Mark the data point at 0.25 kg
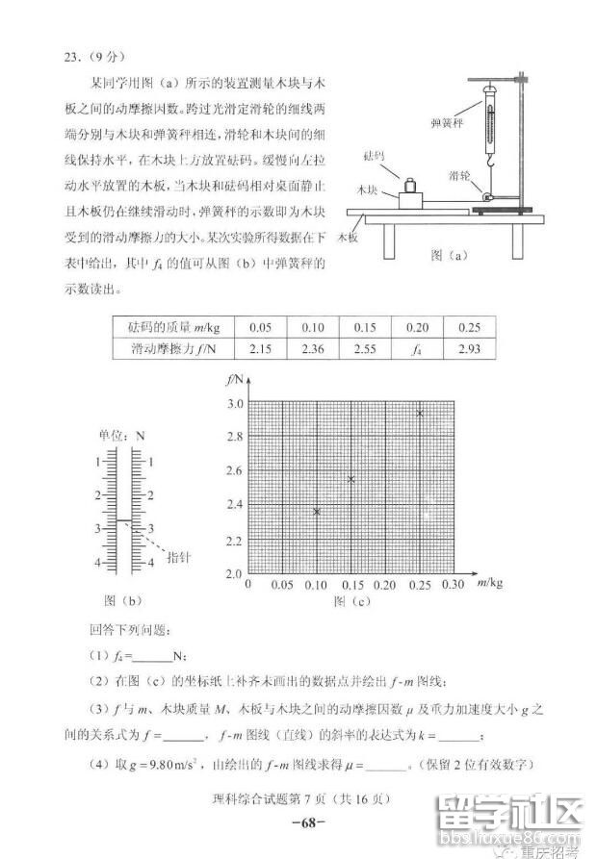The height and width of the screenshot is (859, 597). (419, 413)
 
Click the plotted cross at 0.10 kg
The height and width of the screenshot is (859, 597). (317, 511)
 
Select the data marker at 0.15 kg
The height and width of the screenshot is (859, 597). (351, 479)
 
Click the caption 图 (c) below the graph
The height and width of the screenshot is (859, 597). (350, 602)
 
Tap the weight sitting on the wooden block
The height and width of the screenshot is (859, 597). (408, 185)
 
